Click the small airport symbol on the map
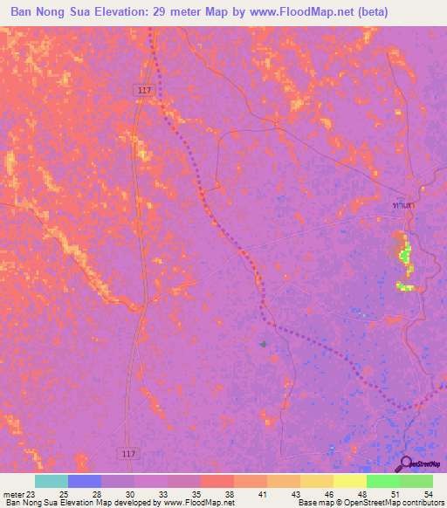(264, 345)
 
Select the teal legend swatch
(52, 481)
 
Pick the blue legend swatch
(85, 481)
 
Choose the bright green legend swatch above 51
(383, 481)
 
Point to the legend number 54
(428, 494)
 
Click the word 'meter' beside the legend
(12, 494)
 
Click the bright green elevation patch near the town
(404, 255)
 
